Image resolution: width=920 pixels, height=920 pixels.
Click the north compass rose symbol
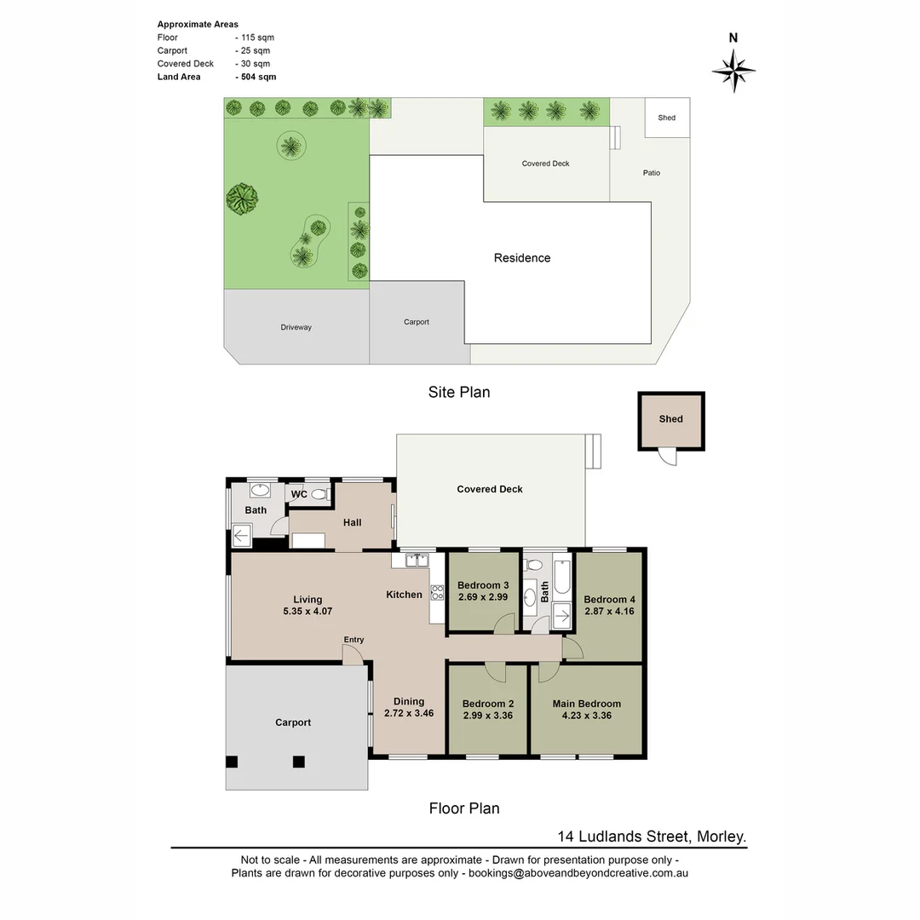[733, 70]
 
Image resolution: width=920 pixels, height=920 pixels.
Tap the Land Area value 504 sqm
[256, 77]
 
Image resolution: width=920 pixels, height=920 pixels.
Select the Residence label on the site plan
[522, 258]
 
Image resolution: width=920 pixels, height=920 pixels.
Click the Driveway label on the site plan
[296, 327]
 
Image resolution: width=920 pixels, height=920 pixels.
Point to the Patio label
[652, 173]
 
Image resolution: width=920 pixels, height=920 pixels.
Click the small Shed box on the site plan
[667, 118]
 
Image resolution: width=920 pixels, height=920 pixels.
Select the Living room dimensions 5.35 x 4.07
[308, 612]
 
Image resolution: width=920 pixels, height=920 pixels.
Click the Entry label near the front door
[354, 640]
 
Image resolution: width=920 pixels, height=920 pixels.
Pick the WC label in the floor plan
[299, 494]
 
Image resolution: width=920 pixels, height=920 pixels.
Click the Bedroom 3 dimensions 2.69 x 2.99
[483, 597]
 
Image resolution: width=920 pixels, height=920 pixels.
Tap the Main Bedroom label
[586, 704]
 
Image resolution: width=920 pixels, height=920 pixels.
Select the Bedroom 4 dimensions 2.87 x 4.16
[609, 611]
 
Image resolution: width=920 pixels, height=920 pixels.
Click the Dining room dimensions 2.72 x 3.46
[409, 713]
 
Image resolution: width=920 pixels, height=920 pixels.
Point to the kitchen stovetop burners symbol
[437, 592]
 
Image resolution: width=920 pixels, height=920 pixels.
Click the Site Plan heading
[459, 393]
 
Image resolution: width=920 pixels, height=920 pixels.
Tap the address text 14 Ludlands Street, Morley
[652, 837]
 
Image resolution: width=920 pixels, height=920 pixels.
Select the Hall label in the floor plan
[353, 522]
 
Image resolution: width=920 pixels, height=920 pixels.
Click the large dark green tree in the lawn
[242, 198]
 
